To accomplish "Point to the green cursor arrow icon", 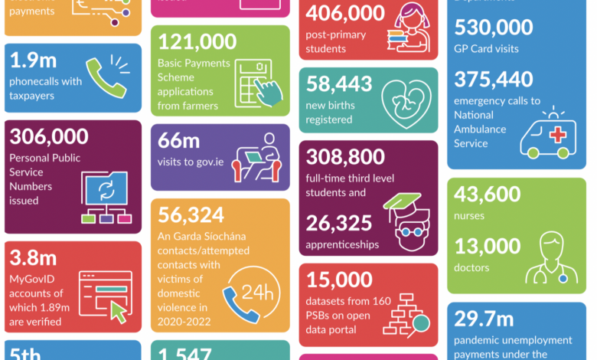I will click(x=119, y=311).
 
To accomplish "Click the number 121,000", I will click(x=197, y=42).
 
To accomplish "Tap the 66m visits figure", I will click(x=179, y=141).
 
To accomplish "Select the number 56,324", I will click(x=191, y=215).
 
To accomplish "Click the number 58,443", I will click(x=339, y=84).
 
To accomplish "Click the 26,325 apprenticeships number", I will click(x=339, y=223).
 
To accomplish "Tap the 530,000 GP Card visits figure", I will click(x=493, y=28).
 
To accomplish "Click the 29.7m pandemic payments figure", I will click(x=485, y=318).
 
